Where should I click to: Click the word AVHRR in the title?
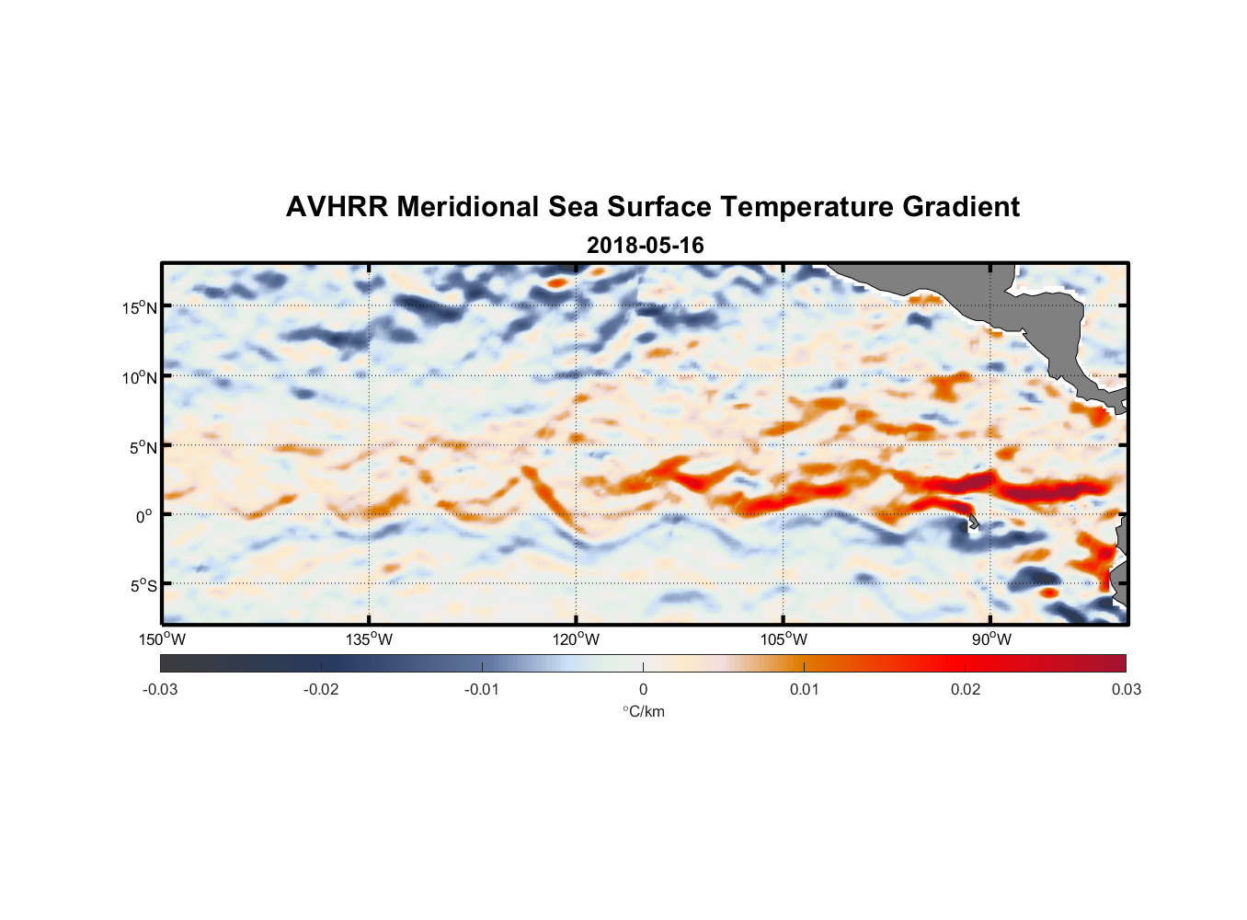[337, 207]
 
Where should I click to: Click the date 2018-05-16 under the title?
[645, 246]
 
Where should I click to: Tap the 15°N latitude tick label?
[140, 307]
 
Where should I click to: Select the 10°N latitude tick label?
[140, 377]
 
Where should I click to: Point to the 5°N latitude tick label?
[143, 447]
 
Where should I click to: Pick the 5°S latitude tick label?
[143, 585]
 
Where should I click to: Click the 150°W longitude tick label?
[163, 639]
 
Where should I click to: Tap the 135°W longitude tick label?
[370, 639]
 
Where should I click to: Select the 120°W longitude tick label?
[577, 639]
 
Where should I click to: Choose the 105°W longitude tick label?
[784, 639]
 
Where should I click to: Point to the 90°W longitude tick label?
[991, 639]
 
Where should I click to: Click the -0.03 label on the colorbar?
[160, 689]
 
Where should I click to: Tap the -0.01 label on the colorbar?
[482, 689]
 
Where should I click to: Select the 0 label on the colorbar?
[643, 689]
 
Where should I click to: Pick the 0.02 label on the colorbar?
[966, 689]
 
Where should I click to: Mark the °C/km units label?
[643, 711]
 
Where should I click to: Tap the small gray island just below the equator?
[973, 523]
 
